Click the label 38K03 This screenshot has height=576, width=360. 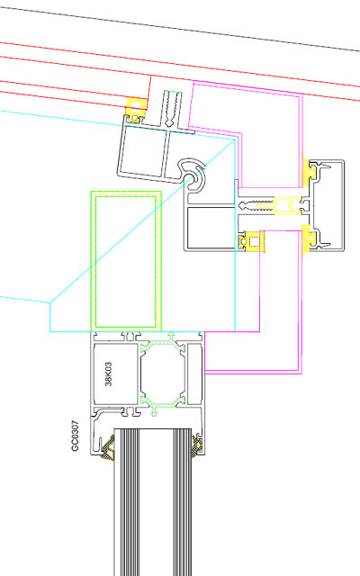(x=108, y=374)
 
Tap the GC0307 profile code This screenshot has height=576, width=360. (x=75, y=436)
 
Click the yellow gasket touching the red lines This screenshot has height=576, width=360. (x=136, y=107)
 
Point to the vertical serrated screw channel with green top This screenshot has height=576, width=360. (x=173, y=109)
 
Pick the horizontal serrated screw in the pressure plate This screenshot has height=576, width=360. (x=256, y=204)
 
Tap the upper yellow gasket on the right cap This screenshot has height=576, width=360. (x=308, y=171)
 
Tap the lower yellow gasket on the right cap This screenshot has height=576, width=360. (x=308, y=240)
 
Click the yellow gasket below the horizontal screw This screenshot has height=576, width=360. (x=250, y=242)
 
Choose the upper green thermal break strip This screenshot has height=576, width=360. (x=163, y=343)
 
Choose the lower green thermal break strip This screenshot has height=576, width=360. (x=163, y=405)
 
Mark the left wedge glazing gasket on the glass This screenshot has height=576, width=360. (x=108, y=446)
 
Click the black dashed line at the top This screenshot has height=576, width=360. (x=180, y=29)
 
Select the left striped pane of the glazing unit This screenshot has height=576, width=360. (x=127, y=502)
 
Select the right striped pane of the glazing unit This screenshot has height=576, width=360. (x=183, y=502)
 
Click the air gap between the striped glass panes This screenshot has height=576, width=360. (x=157, y=502)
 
